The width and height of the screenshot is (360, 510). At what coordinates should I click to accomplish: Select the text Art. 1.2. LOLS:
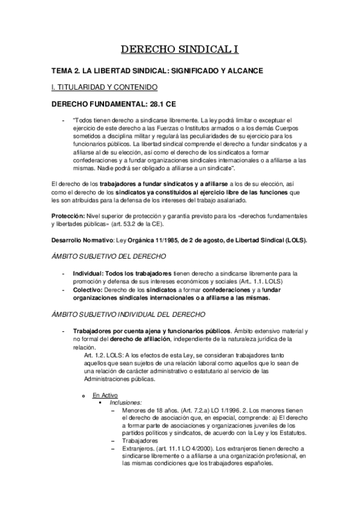coord(107,355)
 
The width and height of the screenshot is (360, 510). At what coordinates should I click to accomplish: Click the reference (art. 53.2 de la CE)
coord(140,224)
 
